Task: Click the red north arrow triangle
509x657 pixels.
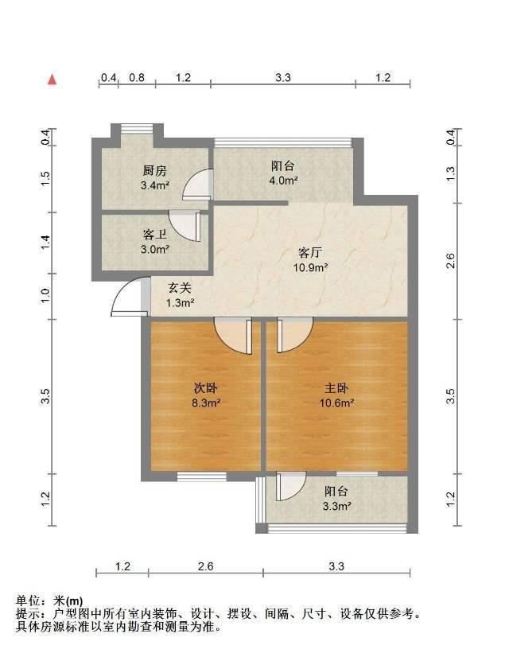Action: [x=52, y=80]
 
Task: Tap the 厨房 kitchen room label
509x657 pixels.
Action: [x=154, y=170]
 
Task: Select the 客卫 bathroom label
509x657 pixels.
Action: [x=154, y=234]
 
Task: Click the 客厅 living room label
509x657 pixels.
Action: [x=310, y=253]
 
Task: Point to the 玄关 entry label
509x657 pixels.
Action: [x=180, y=288]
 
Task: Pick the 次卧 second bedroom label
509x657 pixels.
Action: [x=205, y=388]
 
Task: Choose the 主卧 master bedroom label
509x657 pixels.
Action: [x=336, y=388]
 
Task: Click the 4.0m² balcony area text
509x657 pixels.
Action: [x=283, y=181]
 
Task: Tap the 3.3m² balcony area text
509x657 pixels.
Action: [x=336, y=506]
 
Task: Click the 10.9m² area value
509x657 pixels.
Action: [x=310, y=267]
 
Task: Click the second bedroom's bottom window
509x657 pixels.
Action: [x=201, y=476]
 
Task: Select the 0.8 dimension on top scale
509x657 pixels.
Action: [x=137, y=77]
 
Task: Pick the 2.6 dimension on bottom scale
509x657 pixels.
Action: [x=205, y=566]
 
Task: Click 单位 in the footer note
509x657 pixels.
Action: [x=29, y=601]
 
